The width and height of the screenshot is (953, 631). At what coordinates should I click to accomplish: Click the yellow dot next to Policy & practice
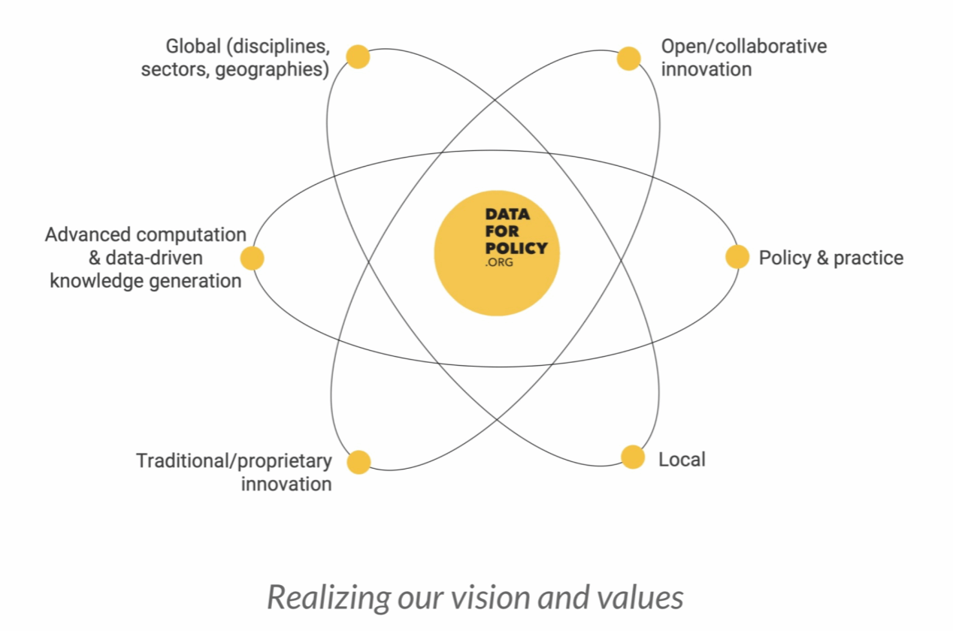coord(737,257)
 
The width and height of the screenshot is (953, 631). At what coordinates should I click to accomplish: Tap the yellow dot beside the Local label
coord(633,457)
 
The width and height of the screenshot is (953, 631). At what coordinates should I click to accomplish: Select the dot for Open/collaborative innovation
coord(628,59)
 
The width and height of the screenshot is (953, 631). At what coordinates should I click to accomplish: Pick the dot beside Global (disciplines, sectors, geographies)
coord(358,56)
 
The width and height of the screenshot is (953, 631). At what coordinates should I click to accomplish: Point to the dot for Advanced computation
coord(252,258)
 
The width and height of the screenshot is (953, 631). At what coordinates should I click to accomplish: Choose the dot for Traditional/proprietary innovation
coord(359,462)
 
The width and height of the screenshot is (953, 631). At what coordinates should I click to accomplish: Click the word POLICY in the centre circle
coord(516,248)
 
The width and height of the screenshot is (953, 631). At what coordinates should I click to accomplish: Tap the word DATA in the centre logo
coord(507,216)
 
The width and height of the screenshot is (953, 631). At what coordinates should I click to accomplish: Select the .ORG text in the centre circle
coord(499,263)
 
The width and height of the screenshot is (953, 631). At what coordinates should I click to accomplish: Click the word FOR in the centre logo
coord(502,231)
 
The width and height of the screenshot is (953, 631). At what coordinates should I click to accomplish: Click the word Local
coord(682,459)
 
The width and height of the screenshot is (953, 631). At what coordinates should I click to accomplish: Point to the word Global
coord(192,47)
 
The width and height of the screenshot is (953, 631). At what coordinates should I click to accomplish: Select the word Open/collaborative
coord(743,47)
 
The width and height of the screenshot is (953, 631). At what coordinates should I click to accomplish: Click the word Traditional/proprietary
coord(234,460)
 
